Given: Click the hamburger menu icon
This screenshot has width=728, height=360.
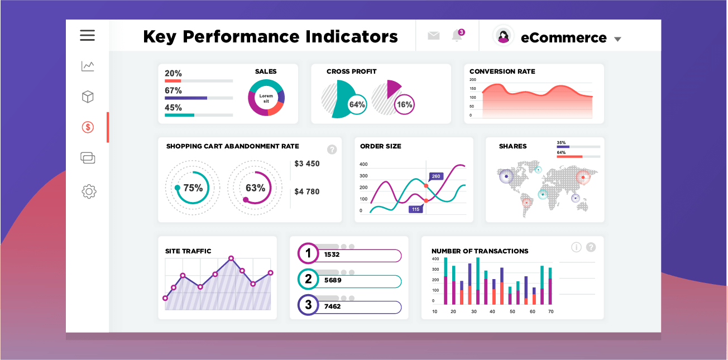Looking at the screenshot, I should tap(88, 36).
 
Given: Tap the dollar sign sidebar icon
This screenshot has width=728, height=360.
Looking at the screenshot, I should tap(88, 127).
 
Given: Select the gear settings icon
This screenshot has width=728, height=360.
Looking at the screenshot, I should tap(89, 191).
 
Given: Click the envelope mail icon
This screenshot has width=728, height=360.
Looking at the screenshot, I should tap(434, 36).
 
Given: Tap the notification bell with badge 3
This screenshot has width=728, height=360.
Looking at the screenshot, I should tap(457, 35).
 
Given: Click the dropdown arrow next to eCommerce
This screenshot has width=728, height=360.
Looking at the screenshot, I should tap(617, 39).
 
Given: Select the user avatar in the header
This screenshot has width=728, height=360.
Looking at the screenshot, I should tap(504, 36).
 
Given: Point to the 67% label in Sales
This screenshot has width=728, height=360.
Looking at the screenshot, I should tap(173, 90).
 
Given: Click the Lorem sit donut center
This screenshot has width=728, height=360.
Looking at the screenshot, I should tap(266, 98).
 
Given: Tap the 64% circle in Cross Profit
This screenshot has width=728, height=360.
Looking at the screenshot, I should tap(357, 104).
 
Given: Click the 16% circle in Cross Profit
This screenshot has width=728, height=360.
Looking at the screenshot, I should tap(404, 104).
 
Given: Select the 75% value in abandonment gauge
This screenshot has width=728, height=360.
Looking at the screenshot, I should tap(193, 188).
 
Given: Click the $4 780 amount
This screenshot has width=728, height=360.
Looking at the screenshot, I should tap(307, 191).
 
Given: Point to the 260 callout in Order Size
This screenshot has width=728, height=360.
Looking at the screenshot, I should tap(436, 176).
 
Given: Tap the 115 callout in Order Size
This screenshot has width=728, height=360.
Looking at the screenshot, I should tap(415, 209).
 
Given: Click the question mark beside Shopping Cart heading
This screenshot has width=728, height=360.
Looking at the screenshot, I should tap(332, 149).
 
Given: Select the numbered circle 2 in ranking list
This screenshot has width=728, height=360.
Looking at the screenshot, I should tap(308, 280).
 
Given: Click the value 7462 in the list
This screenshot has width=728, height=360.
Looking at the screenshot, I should tap(332, 306).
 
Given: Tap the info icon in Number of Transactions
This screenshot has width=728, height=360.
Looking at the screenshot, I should tap(577, 247).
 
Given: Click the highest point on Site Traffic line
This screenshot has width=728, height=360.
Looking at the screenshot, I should tap(231, 258).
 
